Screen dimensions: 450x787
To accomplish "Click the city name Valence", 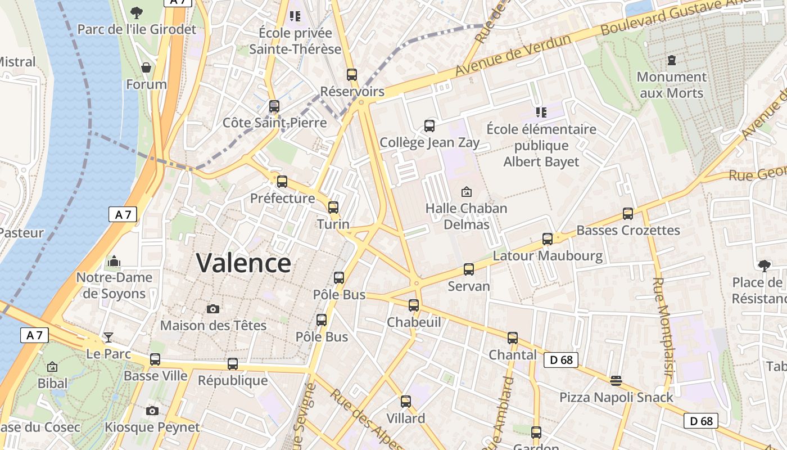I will pos(243,263).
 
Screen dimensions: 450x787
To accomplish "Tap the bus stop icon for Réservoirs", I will pos(352,74).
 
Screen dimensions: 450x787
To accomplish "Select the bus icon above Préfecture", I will pos(282,181).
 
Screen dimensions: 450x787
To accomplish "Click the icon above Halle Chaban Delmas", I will pos(466,192).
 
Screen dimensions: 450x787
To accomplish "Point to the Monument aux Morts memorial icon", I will pos(671,60).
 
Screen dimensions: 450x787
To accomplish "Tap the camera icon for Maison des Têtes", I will pos(212,309).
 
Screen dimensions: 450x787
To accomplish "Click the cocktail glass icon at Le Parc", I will pos(108,337).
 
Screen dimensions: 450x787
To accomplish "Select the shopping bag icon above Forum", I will pos(146,67).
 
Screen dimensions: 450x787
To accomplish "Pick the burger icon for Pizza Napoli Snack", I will pos(616,381).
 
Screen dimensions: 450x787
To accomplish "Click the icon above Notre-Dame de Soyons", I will pos(114,261).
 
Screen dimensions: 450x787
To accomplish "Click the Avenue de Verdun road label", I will pos(513,56).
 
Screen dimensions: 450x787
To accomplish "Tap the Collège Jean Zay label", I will pos(429,142).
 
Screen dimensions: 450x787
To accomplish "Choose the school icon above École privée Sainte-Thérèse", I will pos(295,16).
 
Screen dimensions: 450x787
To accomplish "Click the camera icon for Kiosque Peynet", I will pos(152,411).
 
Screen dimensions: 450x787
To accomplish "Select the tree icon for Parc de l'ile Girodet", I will pos(136,12).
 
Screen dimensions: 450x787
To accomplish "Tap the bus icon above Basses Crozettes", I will pos(628,213).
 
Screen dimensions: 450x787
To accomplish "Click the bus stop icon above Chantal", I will pos(513,337).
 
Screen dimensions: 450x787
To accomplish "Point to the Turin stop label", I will pos(333,224).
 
